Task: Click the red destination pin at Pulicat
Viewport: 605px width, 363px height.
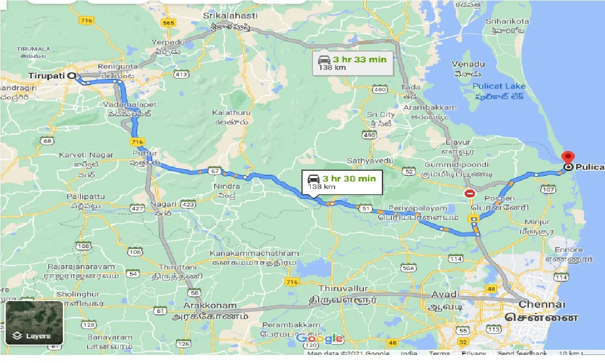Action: [x=568, y=157]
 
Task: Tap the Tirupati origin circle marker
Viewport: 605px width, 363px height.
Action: [x=71, y=75]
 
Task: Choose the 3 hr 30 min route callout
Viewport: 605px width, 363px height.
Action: [x=342, y=182]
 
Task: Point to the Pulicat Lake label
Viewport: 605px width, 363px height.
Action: [x=499, y=86]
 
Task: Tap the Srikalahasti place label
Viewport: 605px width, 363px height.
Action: [x=231, y=16]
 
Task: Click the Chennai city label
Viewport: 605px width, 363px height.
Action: [x=542, y=304]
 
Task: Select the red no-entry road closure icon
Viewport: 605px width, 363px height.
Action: [x=469, y=193]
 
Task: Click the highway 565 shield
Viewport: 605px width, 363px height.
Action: [x=168, y=23]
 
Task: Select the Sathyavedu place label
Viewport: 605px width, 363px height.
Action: [x=370, y=161]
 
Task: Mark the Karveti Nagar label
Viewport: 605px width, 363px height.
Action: [x=86, y=155]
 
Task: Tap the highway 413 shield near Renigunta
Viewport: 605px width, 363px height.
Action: [x=181, y=74]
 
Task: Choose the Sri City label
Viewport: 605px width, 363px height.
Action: [x=380, y=115]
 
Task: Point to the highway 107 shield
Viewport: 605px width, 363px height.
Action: [x=548, y=190]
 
